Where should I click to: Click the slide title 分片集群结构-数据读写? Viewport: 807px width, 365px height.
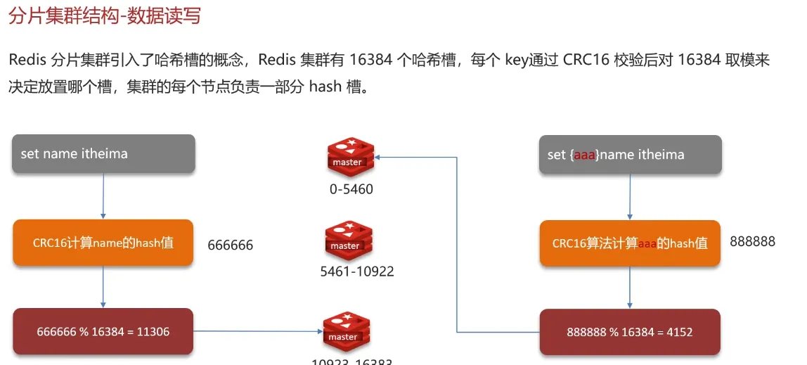coord(104,15)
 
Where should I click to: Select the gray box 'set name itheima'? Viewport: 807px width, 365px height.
coord(103,154)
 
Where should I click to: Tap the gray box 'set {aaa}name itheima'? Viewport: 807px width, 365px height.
coord(630,154)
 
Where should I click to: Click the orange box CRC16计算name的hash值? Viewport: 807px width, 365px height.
coord(103,243)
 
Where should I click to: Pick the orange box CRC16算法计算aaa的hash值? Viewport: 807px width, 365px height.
coord(630,243)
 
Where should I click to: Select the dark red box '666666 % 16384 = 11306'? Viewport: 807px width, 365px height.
coord(103,331)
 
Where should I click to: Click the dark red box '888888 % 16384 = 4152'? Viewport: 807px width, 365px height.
coord(630,331)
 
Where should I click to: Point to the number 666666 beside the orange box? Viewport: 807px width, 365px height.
coord(230,245)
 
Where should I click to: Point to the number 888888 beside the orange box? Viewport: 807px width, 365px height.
coord(752,241)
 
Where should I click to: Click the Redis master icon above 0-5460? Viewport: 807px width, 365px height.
coord(351,155)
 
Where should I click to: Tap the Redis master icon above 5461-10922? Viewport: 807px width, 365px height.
coord(349,240)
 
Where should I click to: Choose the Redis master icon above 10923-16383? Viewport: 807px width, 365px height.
coord(347,331)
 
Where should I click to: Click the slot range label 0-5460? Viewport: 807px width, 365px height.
coord(351,189)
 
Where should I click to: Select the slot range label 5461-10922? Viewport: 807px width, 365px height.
coord(357,271)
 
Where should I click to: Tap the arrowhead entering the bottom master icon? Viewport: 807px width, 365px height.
coord(318,331)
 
